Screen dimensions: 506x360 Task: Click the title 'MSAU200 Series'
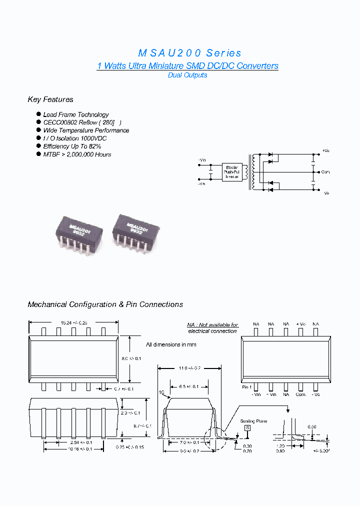[189, 53]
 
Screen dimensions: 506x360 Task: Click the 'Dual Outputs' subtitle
[187, 75]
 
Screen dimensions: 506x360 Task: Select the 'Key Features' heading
[50, 99]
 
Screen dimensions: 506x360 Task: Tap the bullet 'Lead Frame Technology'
[75, 114]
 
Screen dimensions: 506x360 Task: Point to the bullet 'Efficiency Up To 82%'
[72, 146]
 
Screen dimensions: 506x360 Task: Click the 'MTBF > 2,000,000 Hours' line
[77, 154]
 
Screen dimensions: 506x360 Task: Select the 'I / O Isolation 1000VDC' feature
[74, 138]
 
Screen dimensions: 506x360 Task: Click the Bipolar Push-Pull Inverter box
[232, 171]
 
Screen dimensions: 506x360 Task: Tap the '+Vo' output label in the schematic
[325, 150]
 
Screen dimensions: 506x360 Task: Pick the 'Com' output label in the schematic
[325, 172]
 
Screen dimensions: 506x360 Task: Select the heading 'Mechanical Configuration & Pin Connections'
[105, 304]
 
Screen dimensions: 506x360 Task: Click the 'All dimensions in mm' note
[171, 344]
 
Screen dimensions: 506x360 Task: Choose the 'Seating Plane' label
[254, 421]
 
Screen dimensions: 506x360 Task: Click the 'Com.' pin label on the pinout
[300, 394]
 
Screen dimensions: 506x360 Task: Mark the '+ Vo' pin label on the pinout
[300, 324]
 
